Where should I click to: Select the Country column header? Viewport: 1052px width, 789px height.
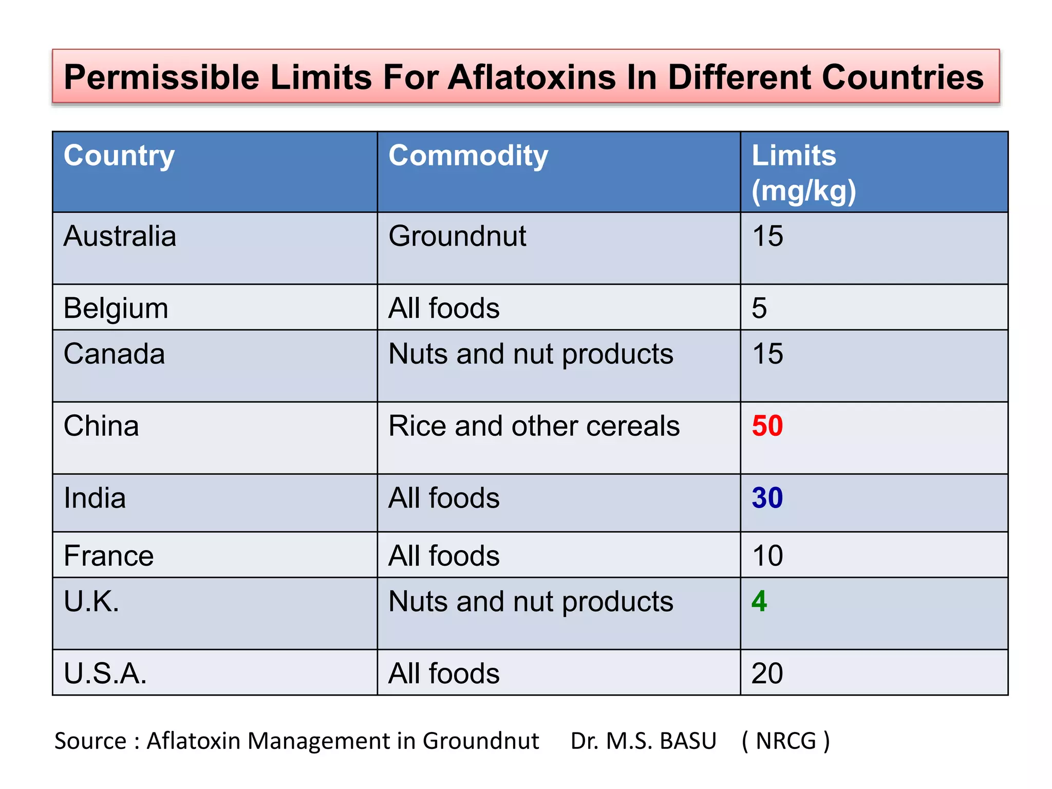pyautogui.click(x=119, y=156)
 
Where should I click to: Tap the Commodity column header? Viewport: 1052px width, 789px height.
pyautogui.click(x=468, y=156)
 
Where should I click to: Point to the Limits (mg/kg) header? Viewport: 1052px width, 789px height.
pyautogui.click(x=803, y=173)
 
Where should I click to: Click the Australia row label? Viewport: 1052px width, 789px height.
pyautogui.click(x=120, y=236)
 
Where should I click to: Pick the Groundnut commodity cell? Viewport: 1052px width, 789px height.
pyautogui.click(x=457, y=236)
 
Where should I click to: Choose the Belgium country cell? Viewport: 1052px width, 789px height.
pyautogui.click(x=116, y=309)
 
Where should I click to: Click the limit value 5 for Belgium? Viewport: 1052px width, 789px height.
pyautogui.click(x=759, y=308)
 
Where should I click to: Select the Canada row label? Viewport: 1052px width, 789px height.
pyautogui.click(x=114, y=354)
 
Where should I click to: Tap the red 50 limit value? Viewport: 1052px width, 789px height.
pyautogui.click(x=767, y=426)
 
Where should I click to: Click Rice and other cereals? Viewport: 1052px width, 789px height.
pyautogui.click(x=534, y=426)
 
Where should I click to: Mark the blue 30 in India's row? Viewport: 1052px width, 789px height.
pyautogui.click(x=767, y=498)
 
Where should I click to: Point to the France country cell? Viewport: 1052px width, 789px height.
pyautogui.click(x=108, y=556)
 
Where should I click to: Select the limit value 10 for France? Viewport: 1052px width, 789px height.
pyautogui.click(x=767, y=556)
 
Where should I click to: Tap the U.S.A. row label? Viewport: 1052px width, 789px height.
pyautogui.click(x=105, y=673)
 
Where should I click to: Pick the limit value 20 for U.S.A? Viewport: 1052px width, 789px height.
pyautogui.click(x=767, y=673)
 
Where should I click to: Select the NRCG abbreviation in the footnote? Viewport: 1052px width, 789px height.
pyautogui.click(x=785, y=741)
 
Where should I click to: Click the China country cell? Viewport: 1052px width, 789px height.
pyautogui.click(x=101, y=426)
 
